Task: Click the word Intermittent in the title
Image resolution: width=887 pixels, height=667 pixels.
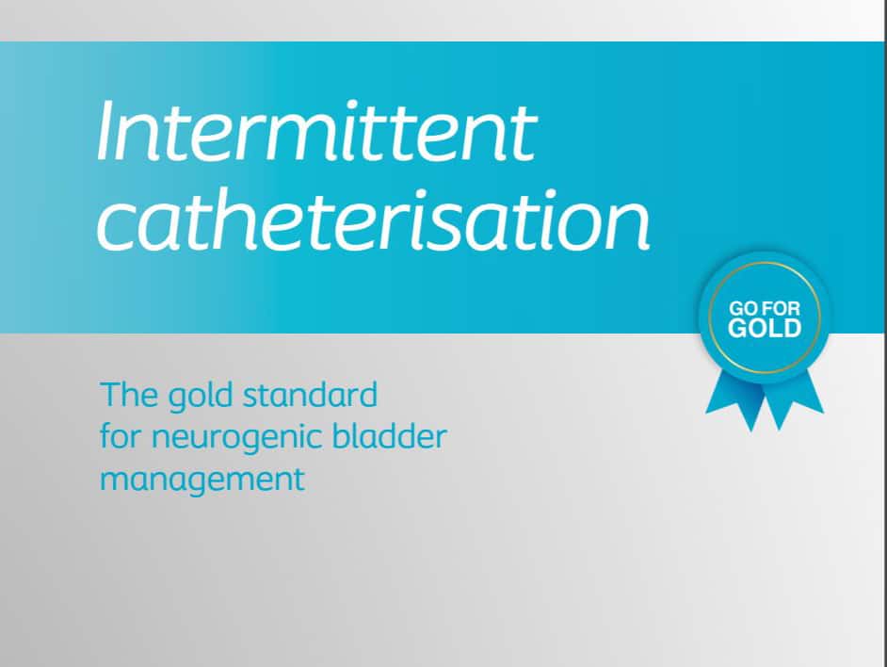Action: click(x=316, y=132)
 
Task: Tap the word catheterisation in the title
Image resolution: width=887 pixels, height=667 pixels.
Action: click(x=374, y=220)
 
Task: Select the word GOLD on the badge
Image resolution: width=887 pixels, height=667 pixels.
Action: click(x=765, y=329)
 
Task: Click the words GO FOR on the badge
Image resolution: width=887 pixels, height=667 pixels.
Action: click(x=765, y=309)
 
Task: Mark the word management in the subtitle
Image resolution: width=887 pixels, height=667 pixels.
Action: click(x=202, y=480)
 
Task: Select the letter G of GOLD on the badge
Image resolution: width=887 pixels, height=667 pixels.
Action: click(x=737, y=329)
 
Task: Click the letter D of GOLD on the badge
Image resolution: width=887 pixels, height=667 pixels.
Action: click(x=792, y=329)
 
